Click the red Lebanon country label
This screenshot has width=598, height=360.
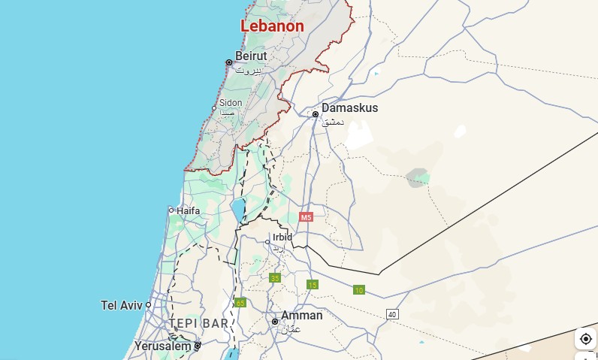tap(272, 26)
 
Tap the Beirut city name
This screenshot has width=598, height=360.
tap(251, 56)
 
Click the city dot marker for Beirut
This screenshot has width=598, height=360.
tap(229, 62)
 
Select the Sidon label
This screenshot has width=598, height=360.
tap(231, 103)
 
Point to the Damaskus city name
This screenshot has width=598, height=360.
tap(349, 108)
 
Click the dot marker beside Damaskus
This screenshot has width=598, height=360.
tap(316, 114)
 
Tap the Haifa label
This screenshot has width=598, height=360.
tap(188, 210)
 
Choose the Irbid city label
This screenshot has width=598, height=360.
tap(282, 237)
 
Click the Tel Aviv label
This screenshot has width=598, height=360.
tap(121, 305)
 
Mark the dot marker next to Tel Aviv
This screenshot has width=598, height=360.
tap(149, 305)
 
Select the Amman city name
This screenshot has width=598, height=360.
tap(301, 315)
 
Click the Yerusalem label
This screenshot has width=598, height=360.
tap(162, 346)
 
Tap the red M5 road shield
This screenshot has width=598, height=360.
tap(305, 217)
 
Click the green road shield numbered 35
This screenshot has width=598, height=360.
tap(275, 278)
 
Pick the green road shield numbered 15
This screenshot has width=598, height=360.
tap(313, 284)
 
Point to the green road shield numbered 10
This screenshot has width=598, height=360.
tap(359, 290)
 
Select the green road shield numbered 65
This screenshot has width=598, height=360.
tap(240, 303)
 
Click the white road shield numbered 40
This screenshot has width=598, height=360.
tap(392, 313)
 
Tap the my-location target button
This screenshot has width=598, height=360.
tap(585, 339)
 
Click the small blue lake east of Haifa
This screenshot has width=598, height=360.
tap(238, 210)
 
